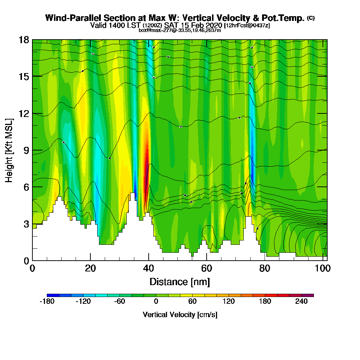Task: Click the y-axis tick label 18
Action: pos(24,40)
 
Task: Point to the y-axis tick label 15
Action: pos(24,76)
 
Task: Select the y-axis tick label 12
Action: pos(24,113)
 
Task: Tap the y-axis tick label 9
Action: pos(26,150)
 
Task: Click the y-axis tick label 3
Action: pos(26,224)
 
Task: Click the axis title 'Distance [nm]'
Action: pos(180,282)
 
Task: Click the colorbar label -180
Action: pos(47,302)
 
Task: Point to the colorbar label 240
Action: pos(302,302)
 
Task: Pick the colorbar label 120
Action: pos(229,302)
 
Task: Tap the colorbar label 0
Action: pos(156,302)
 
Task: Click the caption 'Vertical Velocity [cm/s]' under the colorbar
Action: pos(180,315)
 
